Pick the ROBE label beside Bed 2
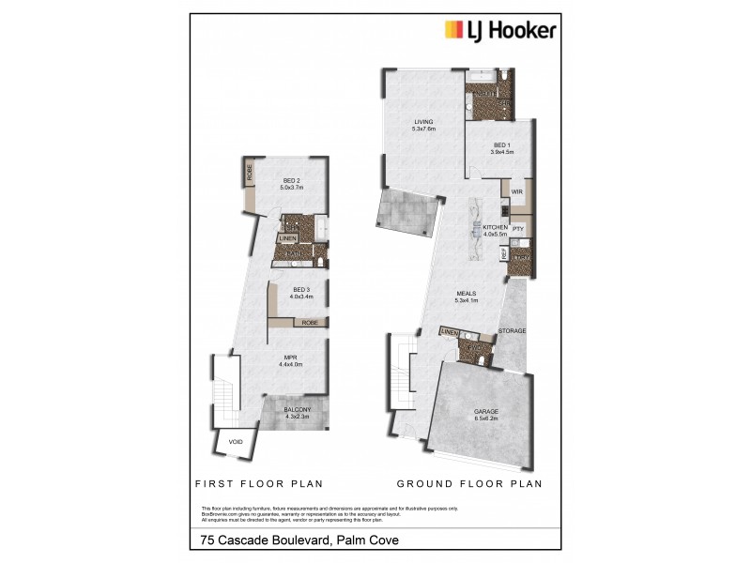coord(250,172)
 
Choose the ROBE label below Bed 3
coord(309,323)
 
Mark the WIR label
coord(515,191)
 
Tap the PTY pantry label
coord(517,228)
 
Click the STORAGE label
coord(512,331)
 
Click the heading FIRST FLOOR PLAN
coord(258,484)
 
